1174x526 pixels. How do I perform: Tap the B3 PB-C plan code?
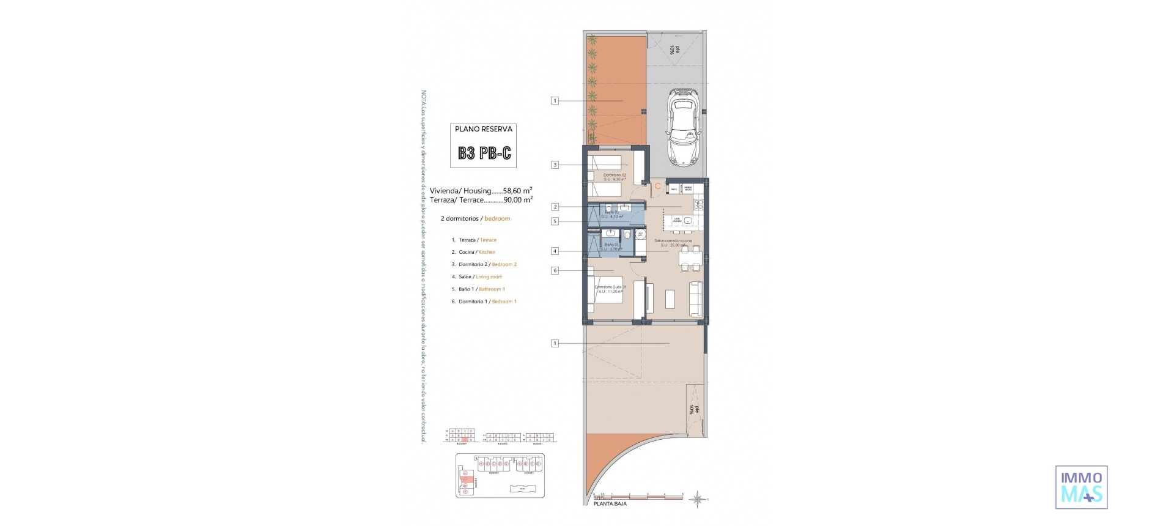click(x=484, y=153)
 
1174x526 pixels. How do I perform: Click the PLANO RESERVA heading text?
click(x=484, y=129)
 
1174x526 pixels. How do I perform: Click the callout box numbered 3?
click(x=555, y=165)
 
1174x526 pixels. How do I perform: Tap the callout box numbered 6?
click(x=555, y=270)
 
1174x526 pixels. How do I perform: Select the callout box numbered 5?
click(x=555, y=221)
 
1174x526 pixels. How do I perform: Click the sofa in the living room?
click(x=695, y=298)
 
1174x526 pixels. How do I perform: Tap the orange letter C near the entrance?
click(x=657, y=185)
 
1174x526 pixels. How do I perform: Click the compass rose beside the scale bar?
click(x=697, y=500)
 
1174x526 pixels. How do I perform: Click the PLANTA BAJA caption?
click(x=610, y=504)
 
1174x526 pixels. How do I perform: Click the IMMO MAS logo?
click(x=1081, y=487)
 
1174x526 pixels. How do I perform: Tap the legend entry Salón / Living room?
click(x=480, y=277)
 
